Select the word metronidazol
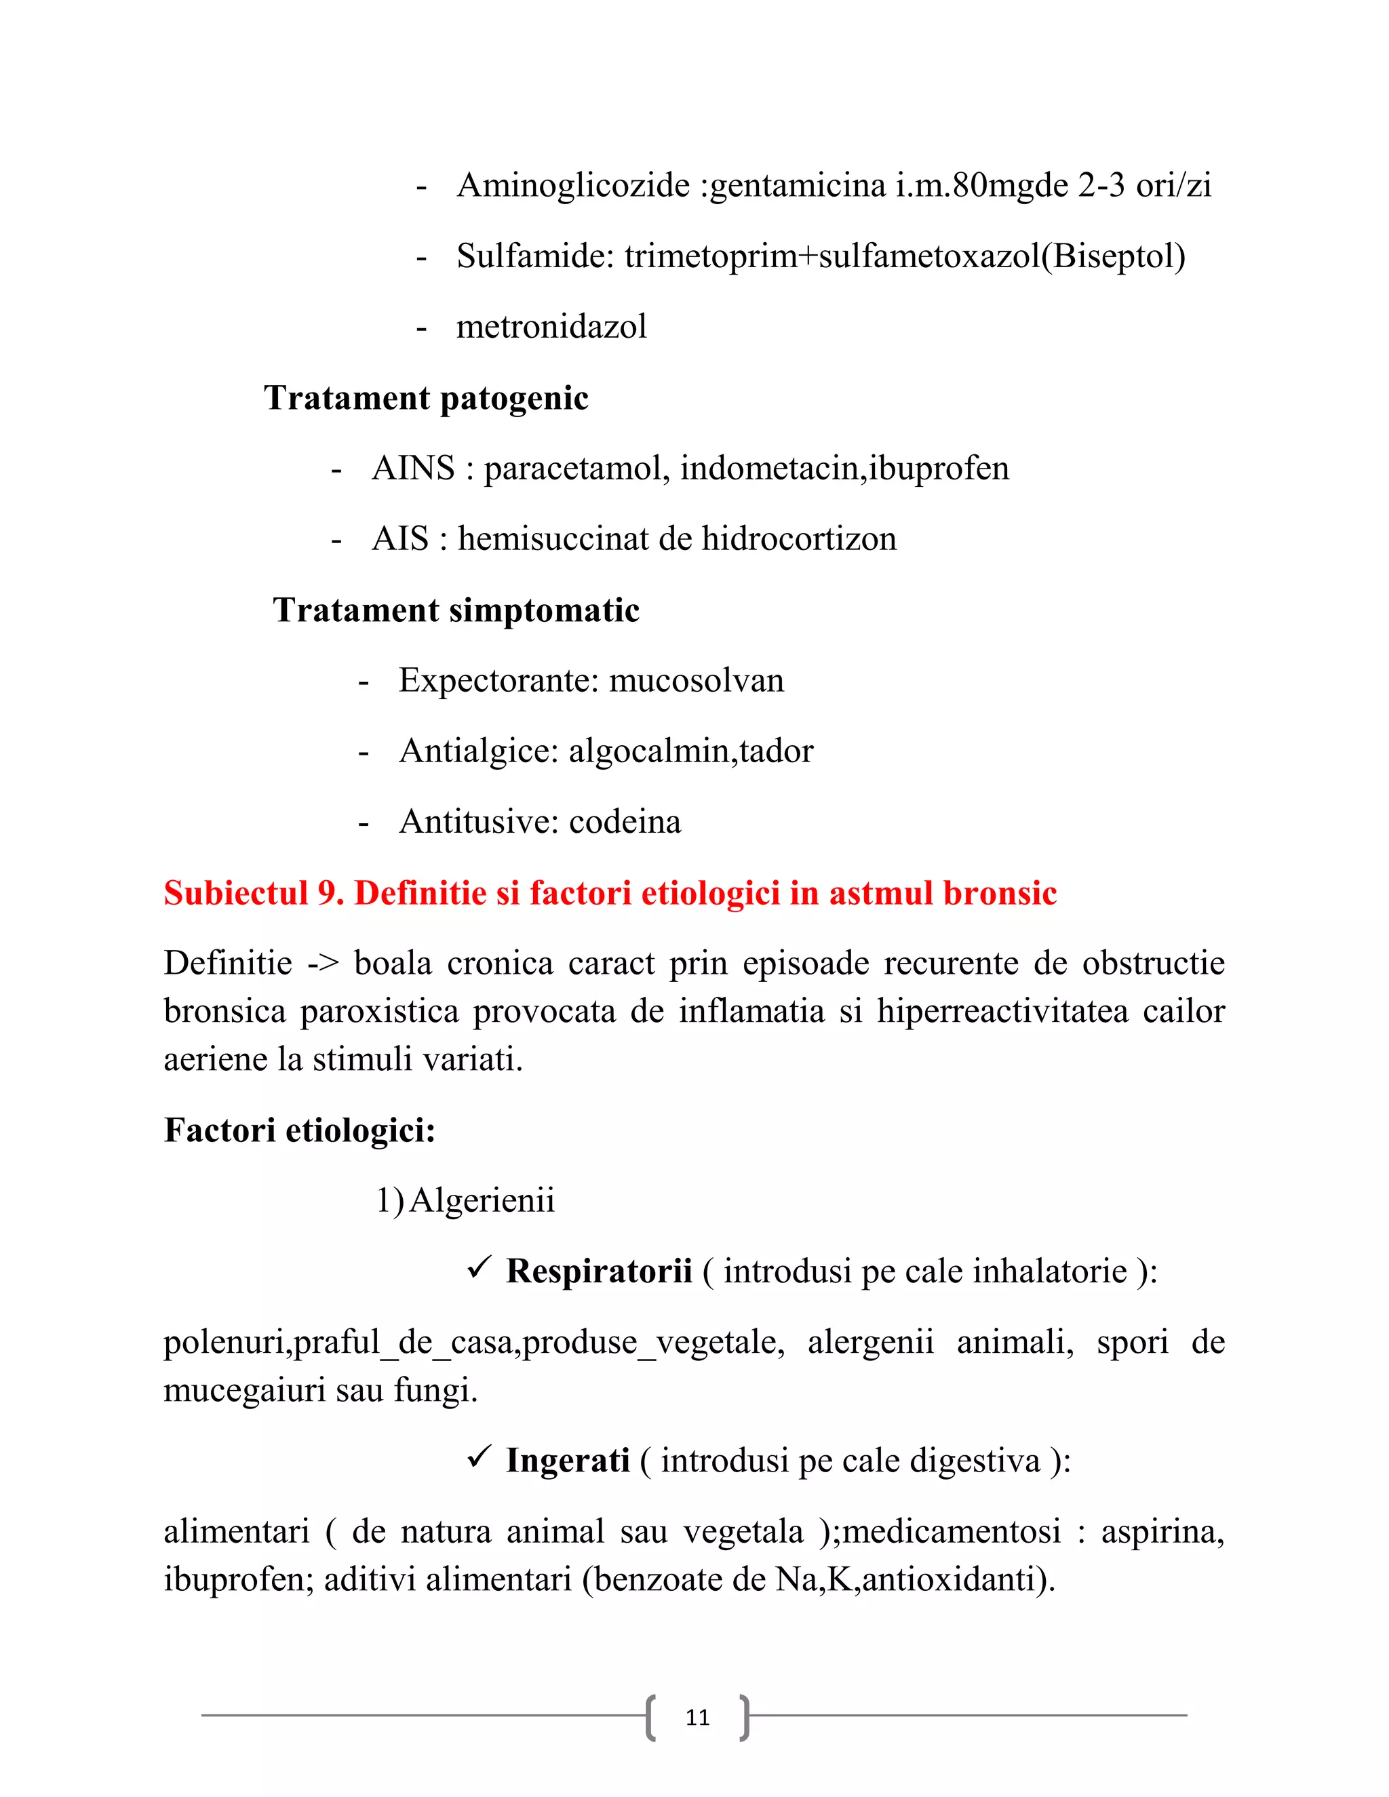(x=551, y=328)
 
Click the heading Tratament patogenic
(x=426, y=398)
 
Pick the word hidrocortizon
(x=798, y=540)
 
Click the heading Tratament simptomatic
(x=456, y=610)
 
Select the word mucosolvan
(x=696, y=680)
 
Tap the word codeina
(x=625, y=822)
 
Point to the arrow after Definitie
(x=324, y=964)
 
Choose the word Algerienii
(x=482, y=1202)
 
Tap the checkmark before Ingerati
(x=479, y=1458)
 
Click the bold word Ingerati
(x=568, y=1461)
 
